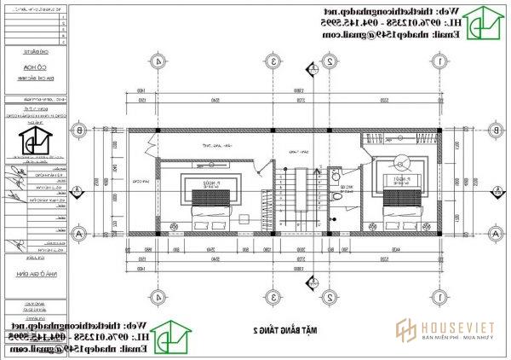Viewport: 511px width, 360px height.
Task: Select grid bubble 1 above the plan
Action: pos(437,61)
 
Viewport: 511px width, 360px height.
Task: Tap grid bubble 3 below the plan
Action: pos(271,296)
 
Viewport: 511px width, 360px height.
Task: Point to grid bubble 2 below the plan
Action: pos(329,296)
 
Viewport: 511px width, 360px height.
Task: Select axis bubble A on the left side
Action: pos(79,232)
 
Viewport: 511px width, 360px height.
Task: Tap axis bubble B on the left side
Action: pos(79,130)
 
